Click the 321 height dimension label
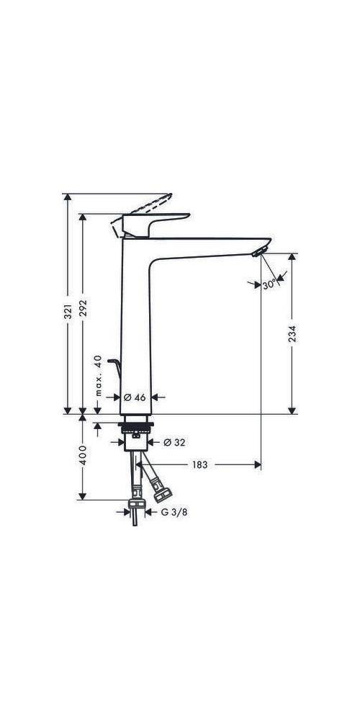pyautogui.click(x=67, y=312)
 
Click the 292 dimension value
pyautogui.click(x=84, y=312)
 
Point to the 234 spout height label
pyautogui.click(x=292, y=333)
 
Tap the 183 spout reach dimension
pyautogui.click(x=199, y=465)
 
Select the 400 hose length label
pyautogui.click(x=84, y=456)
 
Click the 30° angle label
pyautogui.click(x=269, y=285)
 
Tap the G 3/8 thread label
pyautogui.click(x=171, y=513)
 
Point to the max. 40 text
pyautogui.click(x=98, y=376)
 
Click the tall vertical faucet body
pyautogui.click(x=135, y=324)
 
